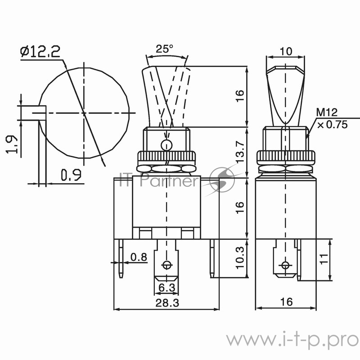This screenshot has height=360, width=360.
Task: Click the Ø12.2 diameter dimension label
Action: (40, 52)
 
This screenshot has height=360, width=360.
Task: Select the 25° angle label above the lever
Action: (165, 49)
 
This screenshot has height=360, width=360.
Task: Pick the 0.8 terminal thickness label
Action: (138, 257)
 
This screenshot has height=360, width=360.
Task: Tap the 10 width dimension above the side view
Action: (285, 52)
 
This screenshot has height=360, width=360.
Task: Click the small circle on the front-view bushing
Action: (166, 145)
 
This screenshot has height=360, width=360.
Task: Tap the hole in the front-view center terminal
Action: (168, 265)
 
